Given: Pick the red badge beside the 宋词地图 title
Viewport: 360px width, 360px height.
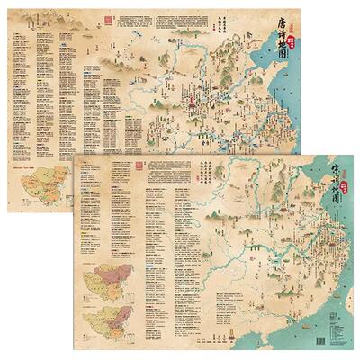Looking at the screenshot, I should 321,175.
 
